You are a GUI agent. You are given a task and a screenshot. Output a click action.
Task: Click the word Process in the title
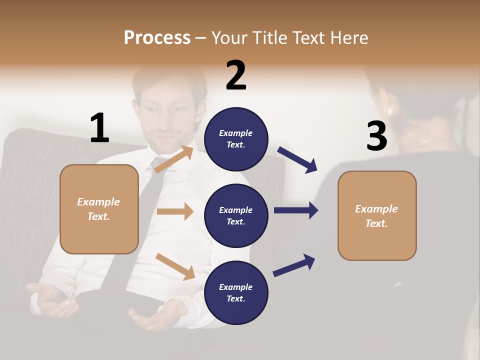tap(157, 38)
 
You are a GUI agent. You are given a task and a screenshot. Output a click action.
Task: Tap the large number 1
tap(99, 128)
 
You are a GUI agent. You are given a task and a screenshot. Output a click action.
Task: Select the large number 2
tap(236, 75)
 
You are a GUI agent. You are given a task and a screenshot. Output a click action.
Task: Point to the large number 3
tap(376, 136)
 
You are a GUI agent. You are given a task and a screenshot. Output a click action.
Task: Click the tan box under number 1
tap(99, 209)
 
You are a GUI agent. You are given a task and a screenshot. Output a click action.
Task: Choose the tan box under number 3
tap(377, 216)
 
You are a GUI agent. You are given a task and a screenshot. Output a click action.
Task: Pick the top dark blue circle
tap(236, 139)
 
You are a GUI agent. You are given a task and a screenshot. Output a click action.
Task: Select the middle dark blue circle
tap(236, 215)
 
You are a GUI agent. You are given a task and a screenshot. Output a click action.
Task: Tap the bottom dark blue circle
tap(236, 292)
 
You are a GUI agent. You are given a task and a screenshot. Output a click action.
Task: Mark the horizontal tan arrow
tap(175, 211)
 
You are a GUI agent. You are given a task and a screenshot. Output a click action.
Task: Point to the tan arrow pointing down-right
tap(175, 266)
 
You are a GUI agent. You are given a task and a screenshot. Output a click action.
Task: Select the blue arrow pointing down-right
tap(297, 159)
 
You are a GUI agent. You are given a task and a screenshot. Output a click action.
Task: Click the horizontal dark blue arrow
tap(296, 210)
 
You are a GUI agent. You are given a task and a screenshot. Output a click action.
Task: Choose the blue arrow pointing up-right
tap(294, 265)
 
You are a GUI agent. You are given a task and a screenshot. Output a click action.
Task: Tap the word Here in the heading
tap(348, 38)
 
